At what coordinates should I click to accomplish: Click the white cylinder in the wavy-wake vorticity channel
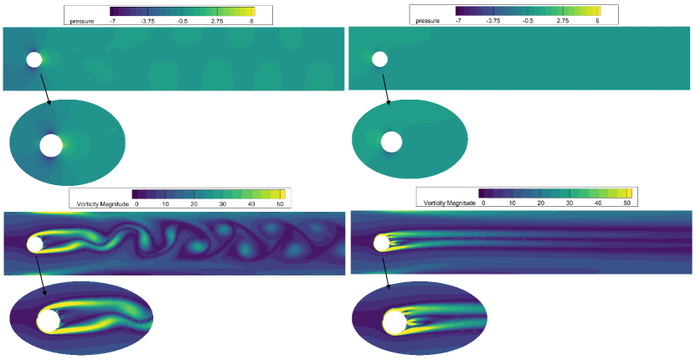[34, 244]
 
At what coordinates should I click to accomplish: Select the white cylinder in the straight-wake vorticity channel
[381, 243]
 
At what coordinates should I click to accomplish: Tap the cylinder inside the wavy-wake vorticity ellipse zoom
[49, 321]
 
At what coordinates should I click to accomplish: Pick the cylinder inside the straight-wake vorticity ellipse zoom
[394, 322]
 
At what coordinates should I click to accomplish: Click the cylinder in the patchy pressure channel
[34, 60]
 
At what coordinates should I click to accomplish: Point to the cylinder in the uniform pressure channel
[379, 59]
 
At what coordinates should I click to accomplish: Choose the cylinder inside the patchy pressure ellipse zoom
[51, 146]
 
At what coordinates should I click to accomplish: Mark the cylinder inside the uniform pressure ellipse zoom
[391, 142]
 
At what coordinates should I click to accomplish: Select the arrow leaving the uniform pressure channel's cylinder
[386, 90]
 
